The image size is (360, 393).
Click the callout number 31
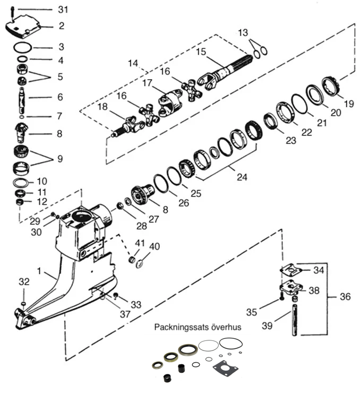point(63,10)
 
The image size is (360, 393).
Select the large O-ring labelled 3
point(22,48)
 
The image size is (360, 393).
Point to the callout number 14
point(133,63)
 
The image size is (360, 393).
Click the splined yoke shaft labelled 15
point(226,72)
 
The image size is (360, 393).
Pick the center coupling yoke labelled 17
point(170,102)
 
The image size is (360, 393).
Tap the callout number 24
point(242,177)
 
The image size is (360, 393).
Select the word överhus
point(226,327)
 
